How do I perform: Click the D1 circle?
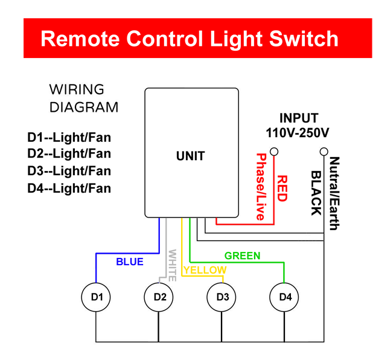click(97, 297)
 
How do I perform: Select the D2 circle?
click(159, 297)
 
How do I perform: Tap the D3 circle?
click(222, 297)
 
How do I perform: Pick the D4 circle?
click(285, 297)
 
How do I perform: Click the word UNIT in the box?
click(190, 156)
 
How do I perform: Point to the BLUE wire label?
click(130, 262)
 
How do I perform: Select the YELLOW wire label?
click(205, 270)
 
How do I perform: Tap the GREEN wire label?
click(243, 256)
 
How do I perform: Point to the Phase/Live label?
click(261, 187)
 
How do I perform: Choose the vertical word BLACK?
click(315, 193)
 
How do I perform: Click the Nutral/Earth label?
click(334, 193)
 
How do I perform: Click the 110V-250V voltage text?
click(298, 132)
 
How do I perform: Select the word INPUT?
click(298, 118)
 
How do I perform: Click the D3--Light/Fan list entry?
click(69, 171)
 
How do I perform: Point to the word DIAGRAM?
click(84, 108)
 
